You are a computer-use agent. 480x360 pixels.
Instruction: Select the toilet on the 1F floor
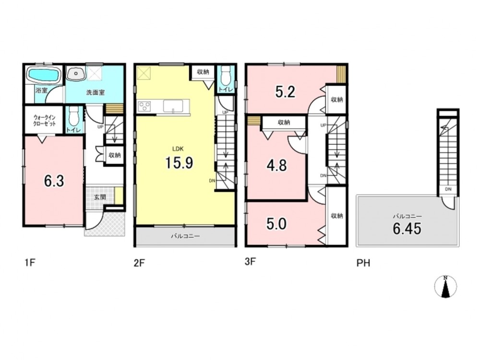(73, 116)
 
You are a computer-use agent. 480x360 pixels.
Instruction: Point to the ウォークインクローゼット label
(45, 120)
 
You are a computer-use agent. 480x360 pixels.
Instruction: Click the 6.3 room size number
(54, 181)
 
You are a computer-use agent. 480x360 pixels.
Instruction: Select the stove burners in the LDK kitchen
(144, 107)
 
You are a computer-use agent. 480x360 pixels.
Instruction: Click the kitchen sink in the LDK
(173, 106)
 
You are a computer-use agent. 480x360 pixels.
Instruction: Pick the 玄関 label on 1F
(100, 197)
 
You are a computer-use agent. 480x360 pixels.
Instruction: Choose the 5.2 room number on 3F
(285, 92)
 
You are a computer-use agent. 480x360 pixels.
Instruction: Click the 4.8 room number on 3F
(276, 166)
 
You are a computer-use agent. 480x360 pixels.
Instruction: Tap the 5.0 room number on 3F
(276, 224)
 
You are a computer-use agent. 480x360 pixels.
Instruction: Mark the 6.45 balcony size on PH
(407, 228)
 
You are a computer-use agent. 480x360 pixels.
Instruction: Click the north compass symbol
(446, 287)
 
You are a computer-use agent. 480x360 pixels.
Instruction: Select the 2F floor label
(139, 263)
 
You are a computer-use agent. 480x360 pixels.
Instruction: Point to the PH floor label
(363, 263)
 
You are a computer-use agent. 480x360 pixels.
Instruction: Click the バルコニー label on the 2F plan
(185, 236)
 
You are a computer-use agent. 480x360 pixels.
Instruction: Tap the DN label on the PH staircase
(448, 189)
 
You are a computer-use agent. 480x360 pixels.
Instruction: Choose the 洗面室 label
(96, 92)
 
